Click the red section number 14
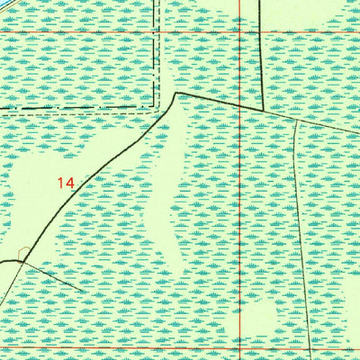64,183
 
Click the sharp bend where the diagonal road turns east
176,93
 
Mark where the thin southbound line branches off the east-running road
296,120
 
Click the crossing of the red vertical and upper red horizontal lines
240,32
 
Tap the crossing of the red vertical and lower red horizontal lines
240,347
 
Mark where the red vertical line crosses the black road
240,106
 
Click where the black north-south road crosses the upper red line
262,32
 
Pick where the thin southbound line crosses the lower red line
309,347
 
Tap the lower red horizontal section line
135,347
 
